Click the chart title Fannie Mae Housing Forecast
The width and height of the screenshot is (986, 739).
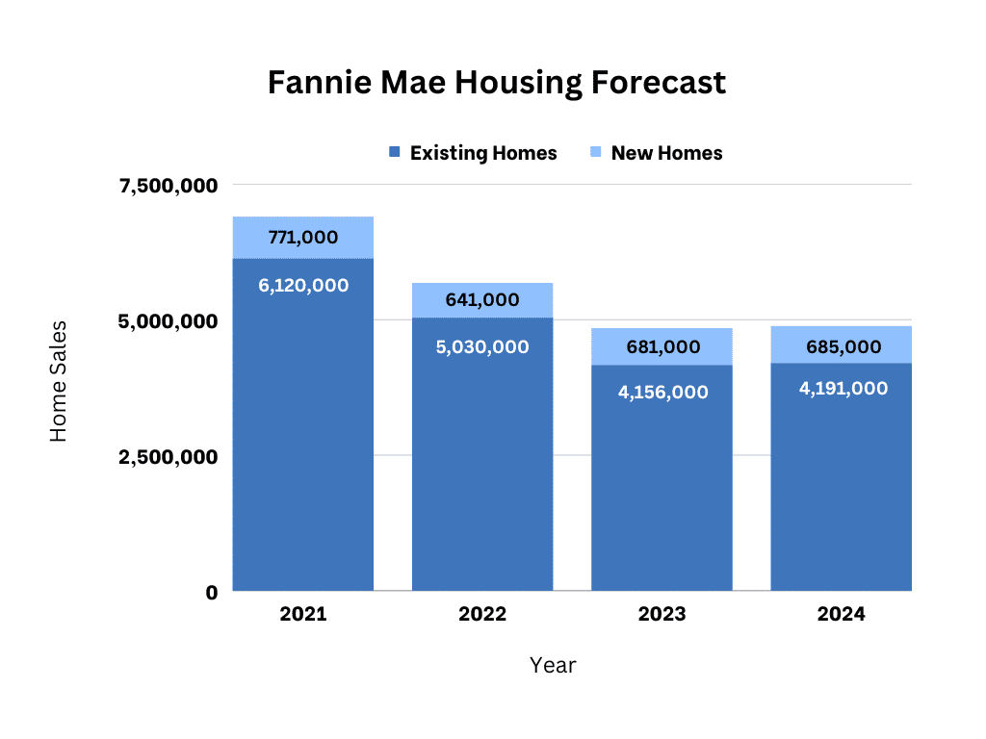pyautogui.click(x=496, y=84)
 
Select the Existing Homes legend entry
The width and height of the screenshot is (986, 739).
pyautogui.click(x=473, y=153)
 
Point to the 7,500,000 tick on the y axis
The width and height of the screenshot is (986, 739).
pyautogui.click(x=169, y=186)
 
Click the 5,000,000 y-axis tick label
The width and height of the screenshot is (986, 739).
pyautogui.click(x=169, y=321)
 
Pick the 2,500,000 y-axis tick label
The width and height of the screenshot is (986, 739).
pyautogui.click(x=169, y=457)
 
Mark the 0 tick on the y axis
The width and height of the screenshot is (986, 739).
pyautogui.click(x=211, y=593)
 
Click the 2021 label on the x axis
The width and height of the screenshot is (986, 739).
pyautogui.click(x=303, y=615)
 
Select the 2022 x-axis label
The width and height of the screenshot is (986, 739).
pyautogui.click(x=482, y=615)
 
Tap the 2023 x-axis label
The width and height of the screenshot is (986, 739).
pyautogui.click(x=662, y=615)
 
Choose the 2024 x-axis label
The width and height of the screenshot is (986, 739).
pyautogui.click(x=841, y=615)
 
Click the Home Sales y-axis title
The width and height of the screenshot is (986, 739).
pyautogui.click(x=60, y=382)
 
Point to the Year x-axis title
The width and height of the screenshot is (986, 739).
pyautogui.click(x=553, y=665)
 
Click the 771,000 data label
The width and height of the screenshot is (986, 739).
pyautogui.click(x=303, y=237)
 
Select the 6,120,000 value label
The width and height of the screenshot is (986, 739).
pyautogui.click(x=303, y=286)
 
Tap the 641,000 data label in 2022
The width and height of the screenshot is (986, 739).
pyautogui.click(x=482, y=300)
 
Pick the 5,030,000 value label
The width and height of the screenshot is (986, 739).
pyautogui.click(x=482, y=347)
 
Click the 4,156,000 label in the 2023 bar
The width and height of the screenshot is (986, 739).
pyautogui.click(x=662, y=393)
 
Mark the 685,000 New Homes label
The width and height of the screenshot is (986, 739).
pyautogui.click(x=841, y=346)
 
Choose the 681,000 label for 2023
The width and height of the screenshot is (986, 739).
pyautogui.click(x=662, y=347)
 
